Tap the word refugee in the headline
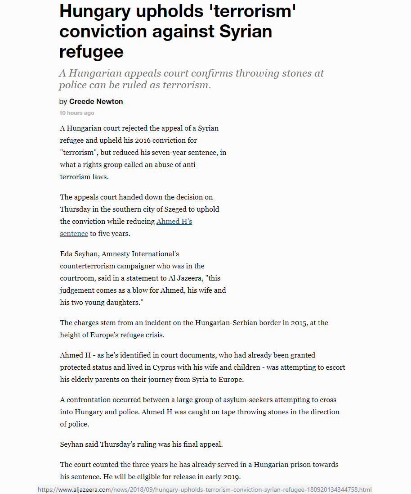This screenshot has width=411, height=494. point(91,52)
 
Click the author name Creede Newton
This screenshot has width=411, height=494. point(96,101)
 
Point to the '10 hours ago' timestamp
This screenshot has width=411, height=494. point(77,113)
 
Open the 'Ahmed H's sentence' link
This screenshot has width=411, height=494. point(174,222)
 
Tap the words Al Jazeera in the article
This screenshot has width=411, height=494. point(190,278)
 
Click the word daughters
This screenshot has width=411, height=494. point(119,303)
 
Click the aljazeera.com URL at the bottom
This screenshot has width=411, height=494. point(204,489)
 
